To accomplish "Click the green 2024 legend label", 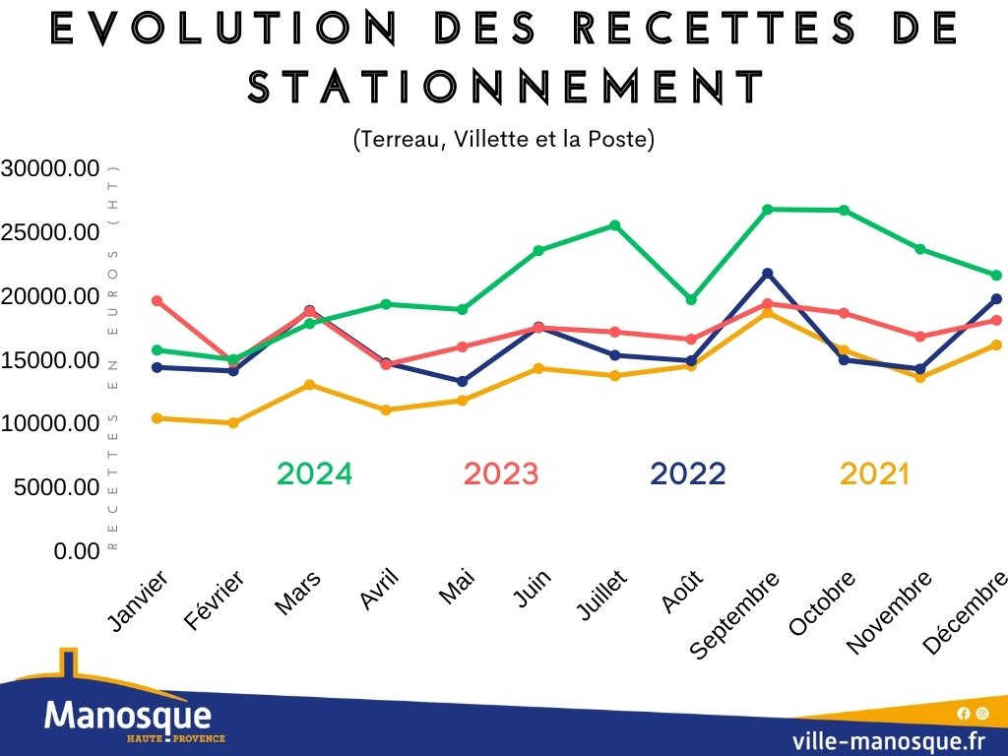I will pyautogui.click(x=314, y=474).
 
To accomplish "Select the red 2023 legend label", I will pyautogui.click(x=501, y=474).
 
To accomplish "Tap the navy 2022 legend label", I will pyautogui.click(x=687, y=474).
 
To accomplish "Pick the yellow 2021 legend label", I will pyautogui.click(x=874, y=474).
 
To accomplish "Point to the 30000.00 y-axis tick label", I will pyautogui.click(x=50, y=168).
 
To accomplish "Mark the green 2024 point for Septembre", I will pyautogui.click(x=767, y=209).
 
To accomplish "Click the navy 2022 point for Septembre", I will pyautogui.click(x=767, y=273).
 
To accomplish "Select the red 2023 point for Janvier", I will pyautogui.click(x=157, y=300).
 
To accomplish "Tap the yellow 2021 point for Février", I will pyautogui.click(x=233, y=423).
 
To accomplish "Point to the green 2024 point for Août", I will pyautogui.click(x=691, y=299).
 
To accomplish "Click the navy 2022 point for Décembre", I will pyautogui.click(x=996, y=298).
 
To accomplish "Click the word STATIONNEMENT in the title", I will pyautogui.click(x=506, y=89).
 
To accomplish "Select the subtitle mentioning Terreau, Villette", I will pyautogui.click(x=503, y=140).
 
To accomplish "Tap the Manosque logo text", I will pyautogui.click(x=128, y=715).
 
